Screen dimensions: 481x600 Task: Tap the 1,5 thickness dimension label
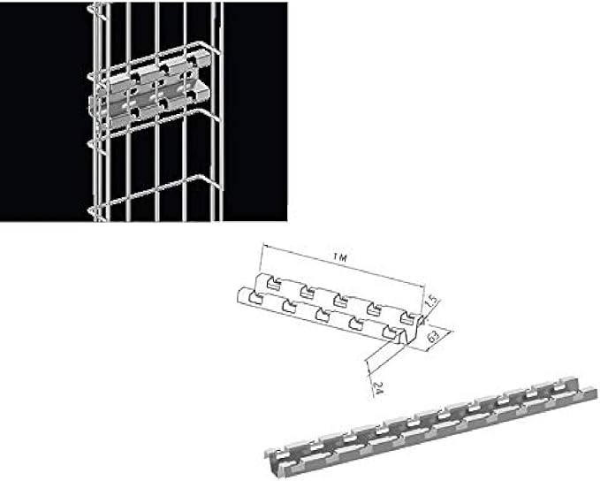pyautogui.click(x=430, y=302)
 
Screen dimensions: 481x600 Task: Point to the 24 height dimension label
pyautogui.click(x=377, y=386)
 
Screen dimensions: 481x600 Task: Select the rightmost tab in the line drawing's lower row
pyautogui.click(x=384, y=331)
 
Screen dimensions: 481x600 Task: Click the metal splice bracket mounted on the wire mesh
pyautogui.click(x=146, y=93)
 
